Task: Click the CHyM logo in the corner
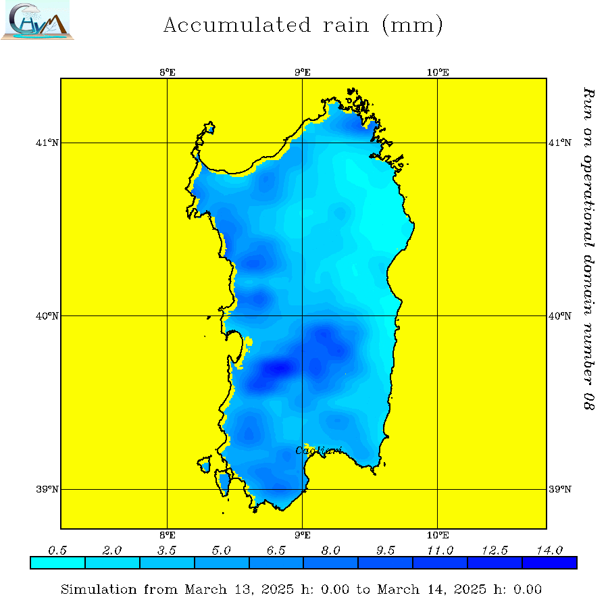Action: [37, 20]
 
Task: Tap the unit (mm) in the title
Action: [412, 26]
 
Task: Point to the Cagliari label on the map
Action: [319, 451]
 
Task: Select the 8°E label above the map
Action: [168, 72]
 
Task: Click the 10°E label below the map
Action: [438, 535]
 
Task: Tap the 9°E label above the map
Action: [303, 72]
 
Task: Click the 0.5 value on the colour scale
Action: [58, 551]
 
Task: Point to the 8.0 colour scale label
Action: [330, 551]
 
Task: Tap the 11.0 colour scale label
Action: [440, 551]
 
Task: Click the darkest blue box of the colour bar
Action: [549, 563]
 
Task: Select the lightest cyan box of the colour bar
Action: [58, 563]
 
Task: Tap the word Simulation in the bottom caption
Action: [99, 590]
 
